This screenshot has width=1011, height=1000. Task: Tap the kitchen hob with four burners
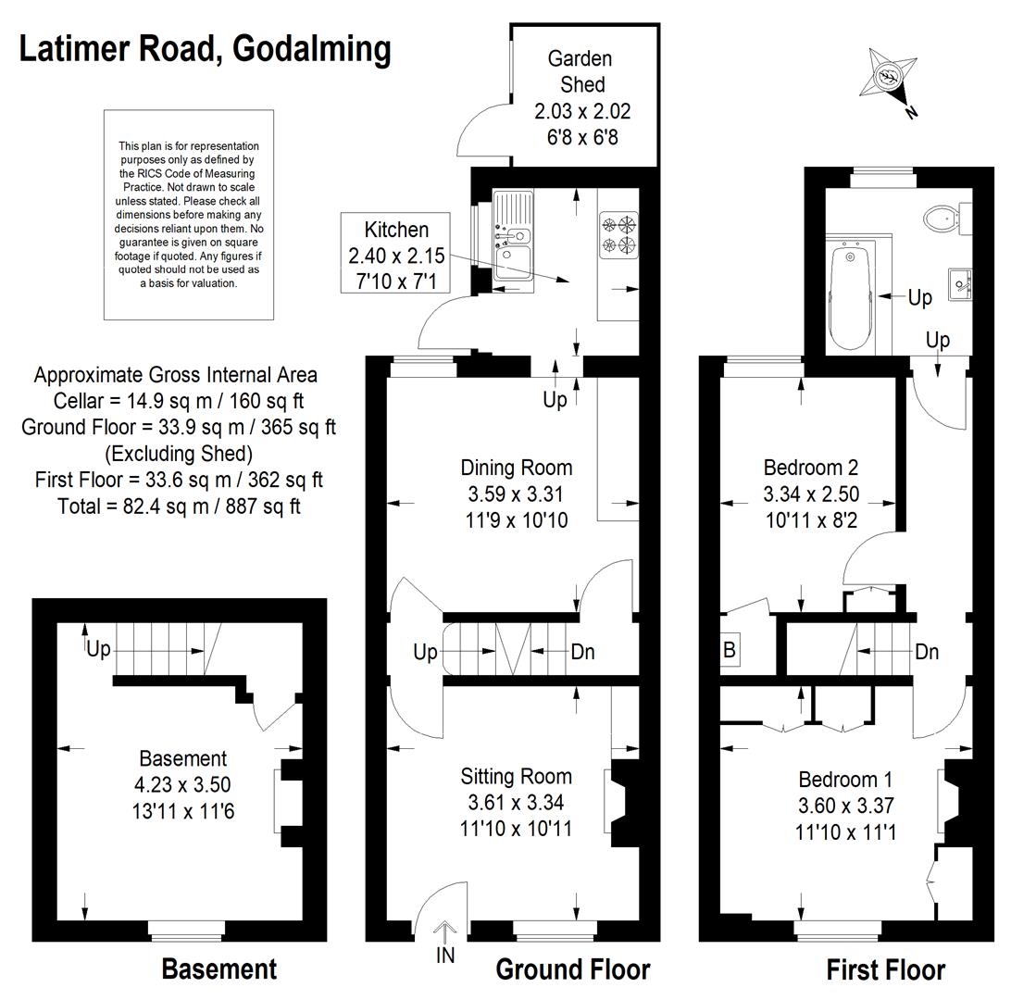click(618, 235)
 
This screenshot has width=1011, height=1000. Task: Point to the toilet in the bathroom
click(946, 218)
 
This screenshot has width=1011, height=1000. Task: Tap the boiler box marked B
click(730, 649)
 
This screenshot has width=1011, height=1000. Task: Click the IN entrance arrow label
click(445, 955)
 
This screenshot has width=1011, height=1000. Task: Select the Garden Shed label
click(580, 71)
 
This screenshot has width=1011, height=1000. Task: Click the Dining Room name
click(517, 468)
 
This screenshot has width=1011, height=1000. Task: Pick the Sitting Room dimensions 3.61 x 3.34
click(516, 802)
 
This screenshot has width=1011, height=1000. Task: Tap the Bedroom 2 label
click(811, 467)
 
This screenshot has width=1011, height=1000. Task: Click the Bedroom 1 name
click(845, 780)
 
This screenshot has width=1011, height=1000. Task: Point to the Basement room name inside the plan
click(183, 758)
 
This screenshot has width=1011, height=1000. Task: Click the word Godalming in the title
click(311, 50)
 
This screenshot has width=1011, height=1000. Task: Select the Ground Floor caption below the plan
click(572, 969)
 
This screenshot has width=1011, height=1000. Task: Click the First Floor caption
click(885, 969)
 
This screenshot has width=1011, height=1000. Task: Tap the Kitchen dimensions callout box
click(396, 254)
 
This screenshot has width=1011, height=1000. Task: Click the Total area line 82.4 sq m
click(179, 506)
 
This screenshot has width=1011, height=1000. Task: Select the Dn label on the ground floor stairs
click(583, 652)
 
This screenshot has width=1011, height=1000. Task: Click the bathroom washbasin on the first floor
click(960, 284)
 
